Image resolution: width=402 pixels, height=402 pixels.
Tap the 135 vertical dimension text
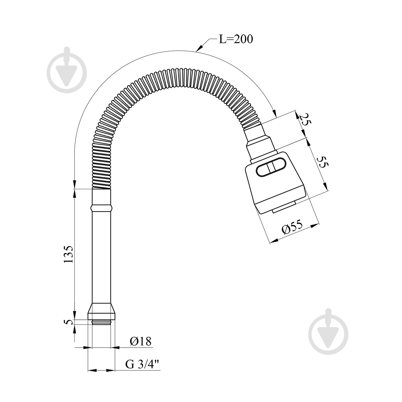tap(69, 254)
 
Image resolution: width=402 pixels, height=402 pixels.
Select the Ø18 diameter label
tap(141, 341)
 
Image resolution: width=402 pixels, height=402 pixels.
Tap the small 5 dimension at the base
tap(69, 322)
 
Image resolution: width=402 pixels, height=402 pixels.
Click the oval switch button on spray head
tap(271, 169)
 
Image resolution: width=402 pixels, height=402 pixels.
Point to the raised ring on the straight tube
tap(102, 207)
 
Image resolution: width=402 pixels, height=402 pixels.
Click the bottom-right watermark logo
tap(328, 329)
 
